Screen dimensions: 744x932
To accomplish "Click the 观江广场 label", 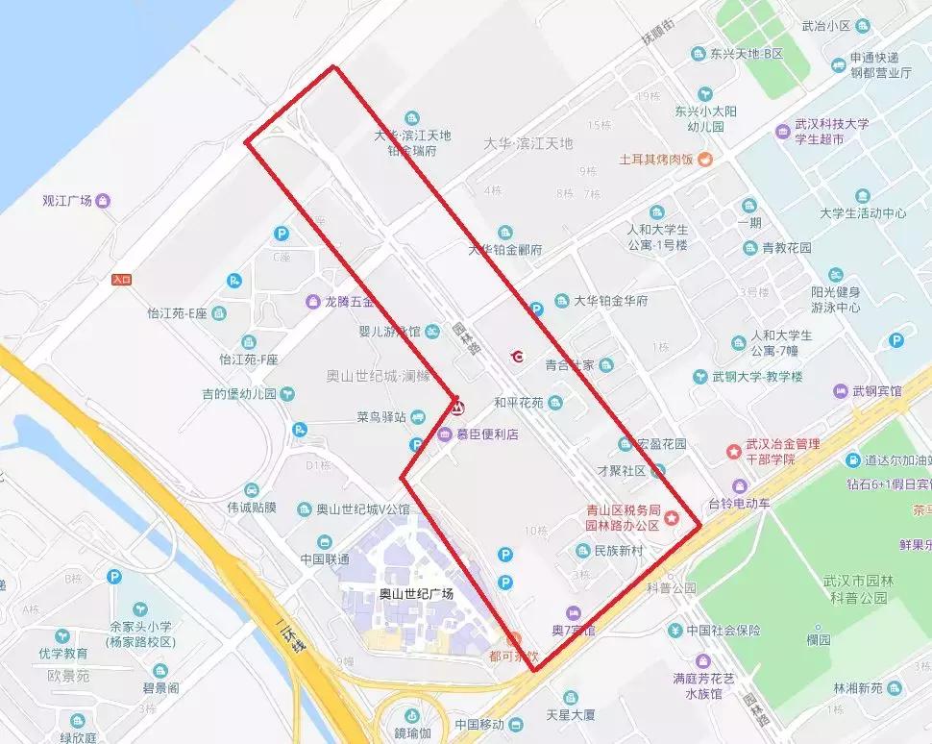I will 67,201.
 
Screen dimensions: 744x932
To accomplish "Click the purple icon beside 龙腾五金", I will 312,302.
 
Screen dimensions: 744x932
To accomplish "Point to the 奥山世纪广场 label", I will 416,593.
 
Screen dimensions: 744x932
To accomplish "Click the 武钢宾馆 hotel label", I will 874,391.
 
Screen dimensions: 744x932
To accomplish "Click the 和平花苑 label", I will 519,402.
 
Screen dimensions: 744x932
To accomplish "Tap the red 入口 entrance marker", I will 121,280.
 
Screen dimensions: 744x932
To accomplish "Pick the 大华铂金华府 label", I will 611,301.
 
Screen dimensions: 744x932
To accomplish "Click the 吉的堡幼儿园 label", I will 238,394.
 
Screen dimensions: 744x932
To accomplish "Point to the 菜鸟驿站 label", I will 380,417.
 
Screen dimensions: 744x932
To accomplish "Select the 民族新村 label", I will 618,551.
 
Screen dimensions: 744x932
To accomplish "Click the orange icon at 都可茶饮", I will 514,638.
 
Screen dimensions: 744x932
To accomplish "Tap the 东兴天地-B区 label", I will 747,54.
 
